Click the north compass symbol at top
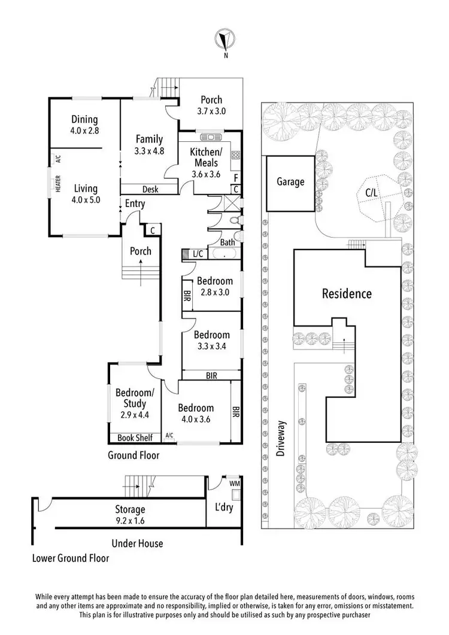[224, 41]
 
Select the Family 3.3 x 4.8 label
[149, 144]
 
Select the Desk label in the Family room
[150, 190]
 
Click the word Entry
[135, 204]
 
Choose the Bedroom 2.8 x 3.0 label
[214, 287]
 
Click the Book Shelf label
[135, 438]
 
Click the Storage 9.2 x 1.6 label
[130, 515]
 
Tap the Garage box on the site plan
[290, 183]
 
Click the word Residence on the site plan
[347, 294]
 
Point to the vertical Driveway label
[280, 440]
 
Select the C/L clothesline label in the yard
[372, 193]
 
